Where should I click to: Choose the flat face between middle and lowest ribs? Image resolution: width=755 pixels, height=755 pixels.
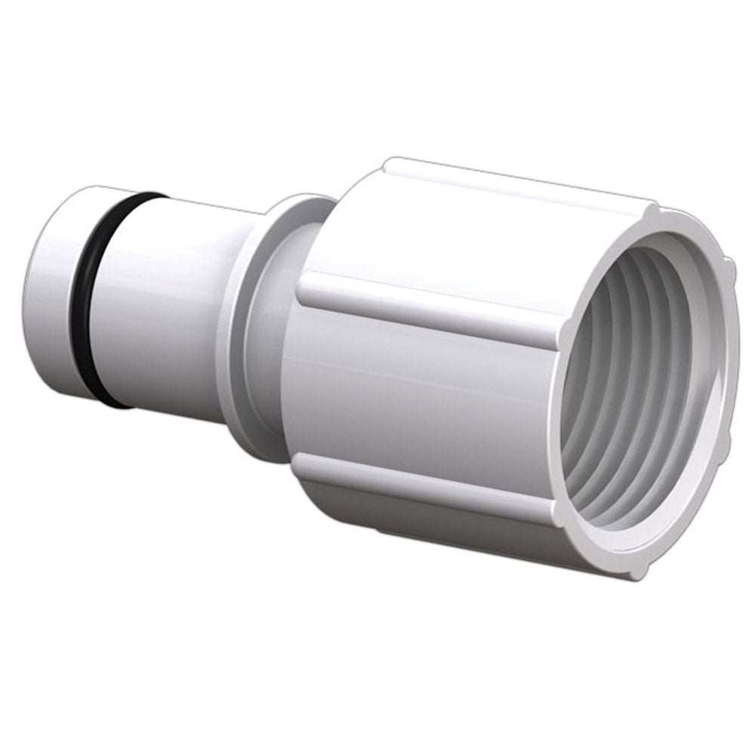423,393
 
